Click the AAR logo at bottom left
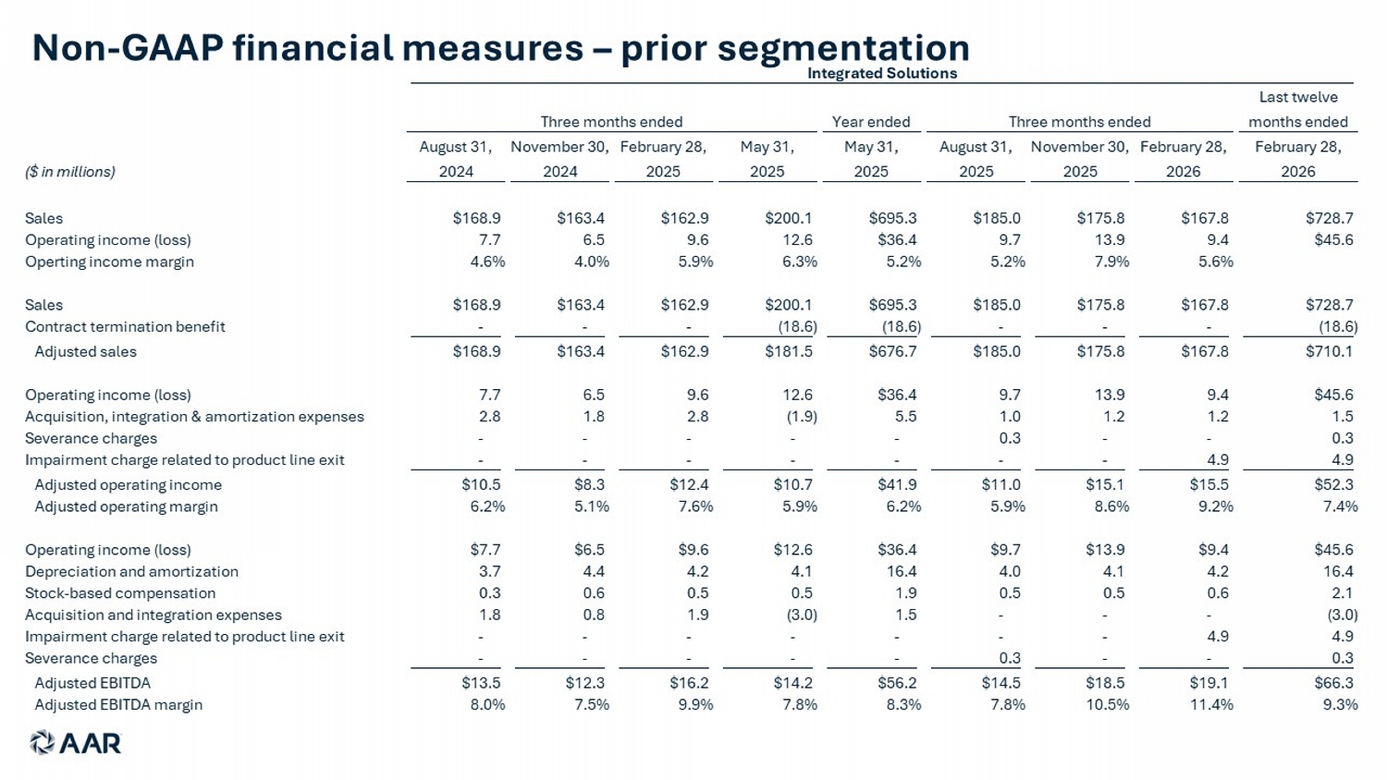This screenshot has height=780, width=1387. [76, 743]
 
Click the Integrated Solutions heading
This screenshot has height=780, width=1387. [882, 73]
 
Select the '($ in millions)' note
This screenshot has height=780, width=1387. [70, 172]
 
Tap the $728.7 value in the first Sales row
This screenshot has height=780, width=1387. [1329, 218]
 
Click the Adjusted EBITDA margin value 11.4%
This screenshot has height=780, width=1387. [1211, 704]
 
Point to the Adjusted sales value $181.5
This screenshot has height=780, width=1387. [788, 351]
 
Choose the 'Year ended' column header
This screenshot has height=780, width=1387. [871, 121]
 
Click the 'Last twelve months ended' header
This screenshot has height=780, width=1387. [1298, 109]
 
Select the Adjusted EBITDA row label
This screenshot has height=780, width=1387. [92, 683]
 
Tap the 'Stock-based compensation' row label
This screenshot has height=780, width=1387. [120, 593]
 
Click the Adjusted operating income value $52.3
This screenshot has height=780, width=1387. [1333, 484]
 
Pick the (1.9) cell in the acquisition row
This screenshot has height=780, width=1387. [802, 417]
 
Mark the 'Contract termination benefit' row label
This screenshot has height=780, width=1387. [125, 326]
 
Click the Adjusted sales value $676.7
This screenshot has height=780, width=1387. [892, 351]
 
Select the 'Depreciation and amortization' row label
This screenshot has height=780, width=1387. [131, 571]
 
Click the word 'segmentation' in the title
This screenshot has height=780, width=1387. [843, 48]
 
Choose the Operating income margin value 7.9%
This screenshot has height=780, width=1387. [1111, 262]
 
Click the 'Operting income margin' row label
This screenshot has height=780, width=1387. [109, 262]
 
